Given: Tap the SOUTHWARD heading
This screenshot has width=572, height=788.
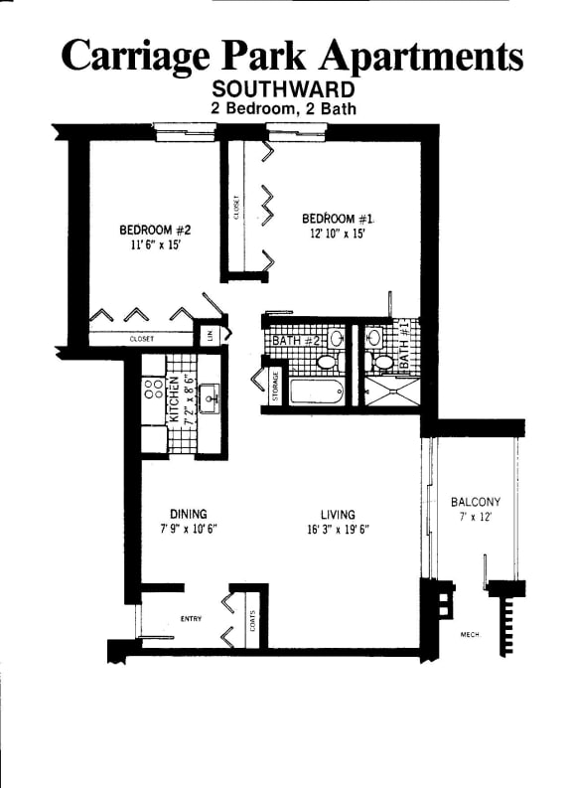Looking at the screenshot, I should [x=285, y=89].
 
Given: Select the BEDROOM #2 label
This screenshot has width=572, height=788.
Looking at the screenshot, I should [x=147, y=229].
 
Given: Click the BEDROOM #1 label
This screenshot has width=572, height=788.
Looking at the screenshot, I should [x=337, y=219].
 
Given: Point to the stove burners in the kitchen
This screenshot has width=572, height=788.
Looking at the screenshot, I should [x=152, y=389].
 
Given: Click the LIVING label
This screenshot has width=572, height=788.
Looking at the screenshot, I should [x=338, y=514].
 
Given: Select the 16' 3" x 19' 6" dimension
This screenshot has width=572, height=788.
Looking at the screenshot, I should [x=338, y=529].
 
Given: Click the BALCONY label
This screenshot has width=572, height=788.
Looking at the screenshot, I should [x=475, y=502].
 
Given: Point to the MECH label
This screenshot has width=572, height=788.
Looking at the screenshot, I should [x=470, y=634].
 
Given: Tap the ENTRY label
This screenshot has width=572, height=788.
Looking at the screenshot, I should [x=191, y=619].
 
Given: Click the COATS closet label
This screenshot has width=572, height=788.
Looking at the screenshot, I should [x=253, y=620].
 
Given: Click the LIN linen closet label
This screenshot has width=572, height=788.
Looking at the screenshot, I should [x=210, y=335].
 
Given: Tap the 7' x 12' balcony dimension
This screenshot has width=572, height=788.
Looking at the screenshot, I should [x=474, y=518].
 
